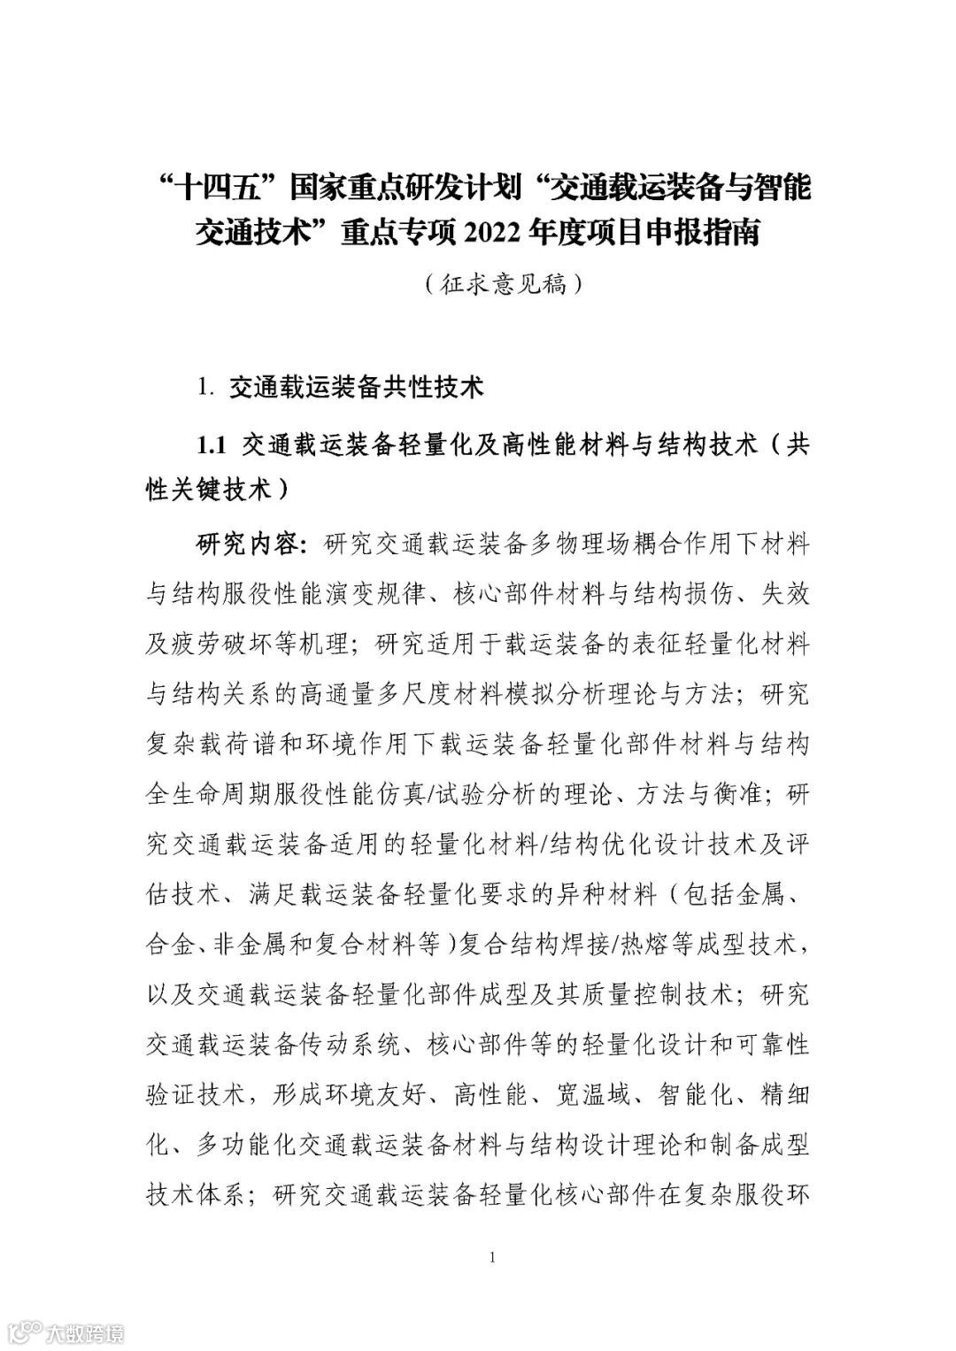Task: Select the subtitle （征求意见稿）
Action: (x=502, y=284)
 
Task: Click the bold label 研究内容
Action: (x=249, y=543)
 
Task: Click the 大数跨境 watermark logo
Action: (x=66, y=1332)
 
